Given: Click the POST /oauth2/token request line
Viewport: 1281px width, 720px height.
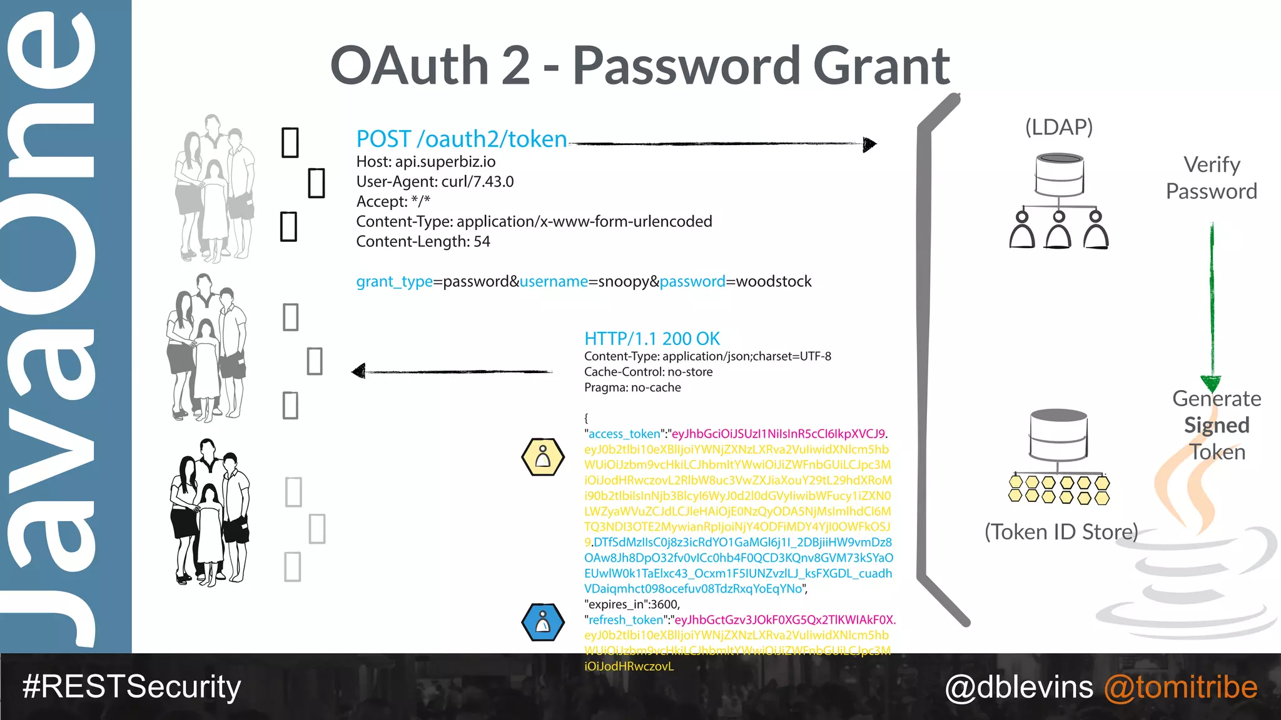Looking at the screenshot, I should (462, 139).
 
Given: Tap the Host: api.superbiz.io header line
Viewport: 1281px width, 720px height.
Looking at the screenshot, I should (425, 162).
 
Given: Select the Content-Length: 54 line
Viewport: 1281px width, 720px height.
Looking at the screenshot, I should (423, 242).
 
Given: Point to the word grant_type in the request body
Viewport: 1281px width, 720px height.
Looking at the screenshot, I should (394, 282).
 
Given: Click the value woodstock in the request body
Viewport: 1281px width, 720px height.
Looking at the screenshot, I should (774, 282).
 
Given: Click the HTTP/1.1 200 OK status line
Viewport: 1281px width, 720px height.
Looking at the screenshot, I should (652, 339).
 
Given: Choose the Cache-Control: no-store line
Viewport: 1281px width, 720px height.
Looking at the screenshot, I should (648, 372).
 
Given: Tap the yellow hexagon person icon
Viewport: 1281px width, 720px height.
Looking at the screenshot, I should (543, 457).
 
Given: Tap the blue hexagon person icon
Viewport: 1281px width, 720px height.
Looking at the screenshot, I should (543, 622).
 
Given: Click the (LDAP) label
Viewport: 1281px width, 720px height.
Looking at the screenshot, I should (1058, 127).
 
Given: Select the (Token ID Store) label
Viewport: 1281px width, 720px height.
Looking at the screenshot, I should (1061, 532).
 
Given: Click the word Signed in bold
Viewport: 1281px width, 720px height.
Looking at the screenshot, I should (1217, 426).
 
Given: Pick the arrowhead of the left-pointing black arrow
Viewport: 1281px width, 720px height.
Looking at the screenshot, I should (358, 372).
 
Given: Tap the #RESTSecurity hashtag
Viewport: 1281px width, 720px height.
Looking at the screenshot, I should (131, 687).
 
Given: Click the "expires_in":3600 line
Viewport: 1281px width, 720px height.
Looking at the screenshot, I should (632, 604).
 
